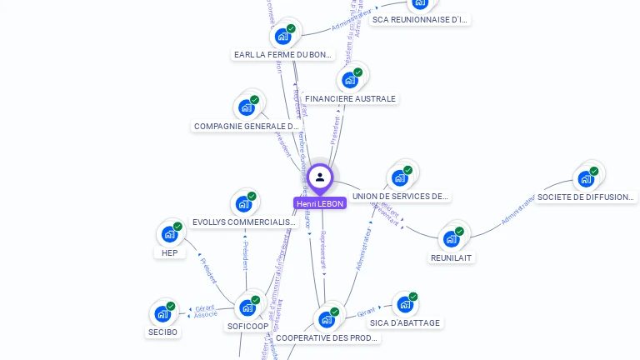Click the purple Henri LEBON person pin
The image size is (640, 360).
click(320, 177)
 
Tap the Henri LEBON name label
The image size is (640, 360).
click(320, 203)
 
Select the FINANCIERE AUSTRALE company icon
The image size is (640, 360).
click(350, 80)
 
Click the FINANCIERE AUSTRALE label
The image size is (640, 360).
click(350, 98)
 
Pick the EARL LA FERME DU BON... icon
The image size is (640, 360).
click(283, 36)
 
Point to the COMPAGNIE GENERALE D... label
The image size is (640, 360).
click(246, 127)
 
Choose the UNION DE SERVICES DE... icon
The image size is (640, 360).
click(400, 177)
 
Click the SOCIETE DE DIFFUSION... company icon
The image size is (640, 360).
click(586, 178)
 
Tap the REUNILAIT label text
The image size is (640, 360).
click(452, 258)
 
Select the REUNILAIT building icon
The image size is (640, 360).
click(452, 239)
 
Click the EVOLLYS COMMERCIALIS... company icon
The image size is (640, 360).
click(243, 204)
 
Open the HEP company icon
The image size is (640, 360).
click(170, 234)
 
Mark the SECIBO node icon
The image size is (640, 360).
click(162, 314)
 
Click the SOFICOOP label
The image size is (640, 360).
click(247, 327)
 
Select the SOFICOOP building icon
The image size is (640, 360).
click(247, 307)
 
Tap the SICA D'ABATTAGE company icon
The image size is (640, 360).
click(405, 304)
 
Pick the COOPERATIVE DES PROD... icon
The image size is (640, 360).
click(327, 319)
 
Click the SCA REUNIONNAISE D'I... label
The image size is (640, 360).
click(421, 19)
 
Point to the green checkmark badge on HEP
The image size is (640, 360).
click(177, 227)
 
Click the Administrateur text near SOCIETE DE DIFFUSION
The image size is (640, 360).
click(518, 211)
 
